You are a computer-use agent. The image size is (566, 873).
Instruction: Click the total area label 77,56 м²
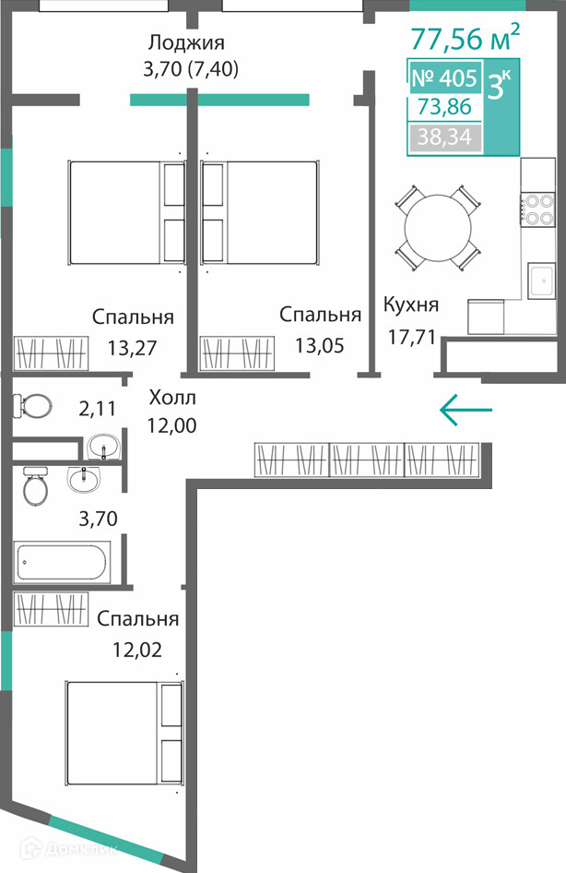pos(466,37)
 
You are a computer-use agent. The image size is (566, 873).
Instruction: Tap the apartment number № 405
pos(445,78)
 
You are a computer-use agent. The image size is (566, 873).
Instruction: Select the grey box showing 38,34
pos(445,137)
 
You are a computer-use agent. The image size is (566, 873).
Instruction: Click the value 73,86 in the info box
pos(444,106)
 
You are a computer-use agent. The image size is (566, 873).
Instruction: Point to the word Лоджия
pos(186,42)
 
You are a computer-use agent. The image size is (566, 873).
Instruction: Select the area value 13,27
pos(133,348)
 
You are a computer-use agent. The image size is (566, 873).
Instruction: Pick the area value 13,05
pos(320,346)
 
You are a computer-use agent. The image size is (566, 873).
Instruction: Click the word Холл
pos(172,398)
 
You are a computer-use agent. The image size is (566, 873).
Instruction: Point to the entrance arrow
pos(466,410)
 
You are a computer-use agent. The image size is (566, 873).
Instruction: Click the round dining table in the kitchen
pos(438,227)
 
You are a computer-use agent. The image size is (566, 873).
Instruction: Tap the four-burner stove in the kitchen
pos(538,209)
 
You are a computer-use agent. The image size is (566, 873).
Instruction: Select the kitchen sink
pos(541,281)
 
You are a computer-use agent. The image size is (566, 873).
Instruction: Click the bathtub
pos(62,562)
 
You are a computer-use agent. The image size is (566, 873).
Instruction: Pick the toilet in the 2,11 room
pos(32,405)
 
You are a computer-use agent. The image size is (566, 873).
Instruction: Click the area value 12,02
pos(137,650)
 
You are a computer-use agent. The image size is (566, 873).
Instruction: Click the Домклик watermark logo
pos(69,848)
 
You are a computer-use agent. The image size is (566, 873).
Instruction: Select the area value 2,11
pos(98,409)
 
